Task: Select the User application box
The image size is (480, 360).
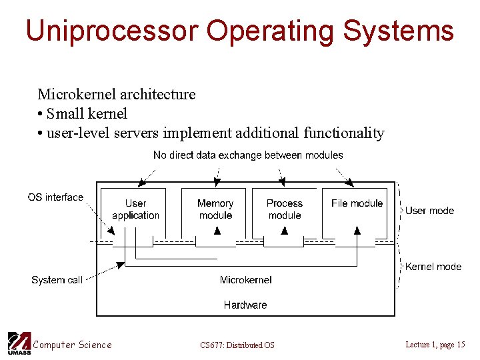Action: [135, 209]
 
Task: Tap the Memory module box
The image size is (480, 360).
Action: [215, 209]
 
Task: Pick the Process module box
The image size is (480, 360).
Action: [285, 209]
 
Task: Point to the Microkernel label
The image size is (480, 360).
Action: [245, 280]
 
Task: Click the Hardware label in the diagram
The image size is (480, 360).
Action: [245, 305]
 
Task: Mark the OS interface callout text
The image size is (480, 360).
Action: [55, 197]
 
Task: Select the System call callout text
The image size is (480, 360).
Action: [57, 280]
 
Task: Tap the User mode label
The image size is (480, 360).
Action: [429, 211]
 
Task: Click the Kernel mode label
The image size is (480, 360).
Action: [433, 267]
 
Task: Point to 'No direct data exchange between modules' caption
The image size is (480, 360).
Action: [248, 155]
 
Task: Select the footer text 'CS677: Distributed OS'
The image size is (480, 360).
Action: [237, 345]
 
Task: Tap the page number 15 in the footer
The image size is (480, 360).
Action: [461, 345]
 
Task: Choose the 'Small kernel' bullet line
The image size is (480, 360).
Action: [82, 113]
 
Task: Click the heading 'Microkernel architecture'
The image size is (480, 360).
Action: [117, 94]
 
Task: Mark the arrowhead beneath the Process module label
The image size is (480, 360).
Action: [285, 231]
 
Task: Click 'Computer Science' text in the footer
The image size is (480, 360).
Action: [73, 345]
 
